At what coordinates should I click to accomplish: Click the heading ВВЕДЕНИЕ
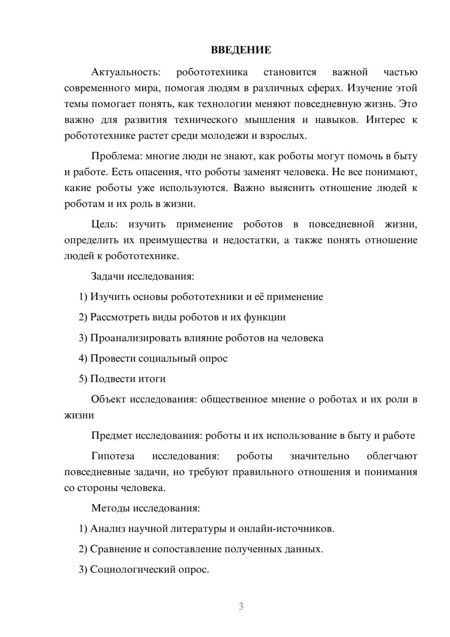(x=241, y=50)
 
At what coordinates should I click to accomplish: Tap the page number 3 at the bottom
(x=241, y=606)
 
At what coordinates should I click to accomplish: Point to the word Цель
(x=104, y=224)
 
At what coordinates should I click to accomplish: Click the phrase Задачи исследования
(x=142, y=276)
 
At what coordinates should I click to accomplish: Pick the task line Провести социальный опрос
(x=159, y=359)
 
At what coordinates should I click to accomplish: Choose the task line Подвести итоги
(x=128, y=379)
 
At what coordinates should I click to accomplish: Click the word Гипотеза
(x=112, y=456)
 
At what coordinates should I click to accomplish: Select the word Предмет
(x=112, y=436)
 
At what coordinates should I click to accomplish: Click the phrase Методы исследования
(x=145, y=508)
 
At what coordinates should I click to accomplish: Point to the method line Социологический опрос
(x=149, y=570)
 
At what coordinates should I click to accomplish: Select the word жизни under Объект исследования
(x=79, y=415)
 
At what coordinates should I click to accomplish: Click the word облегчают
(x=392, y=456)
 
